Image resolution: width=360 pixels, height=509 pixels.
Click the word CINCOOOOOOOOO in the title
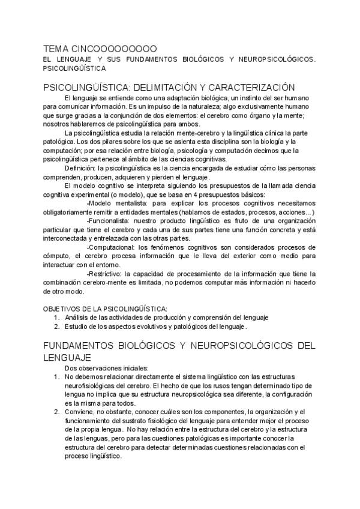[114, 48]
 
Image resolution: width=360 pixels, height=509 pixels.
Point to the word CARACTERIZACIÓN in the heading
[255, 87]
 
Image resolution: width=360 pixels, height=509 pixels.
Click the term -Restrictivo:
[107, 274]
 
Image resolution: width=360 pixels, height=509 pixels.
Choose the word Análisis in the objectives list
[77, 318]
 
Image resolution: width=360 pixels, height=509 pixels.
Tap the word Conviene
[80, 412]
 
